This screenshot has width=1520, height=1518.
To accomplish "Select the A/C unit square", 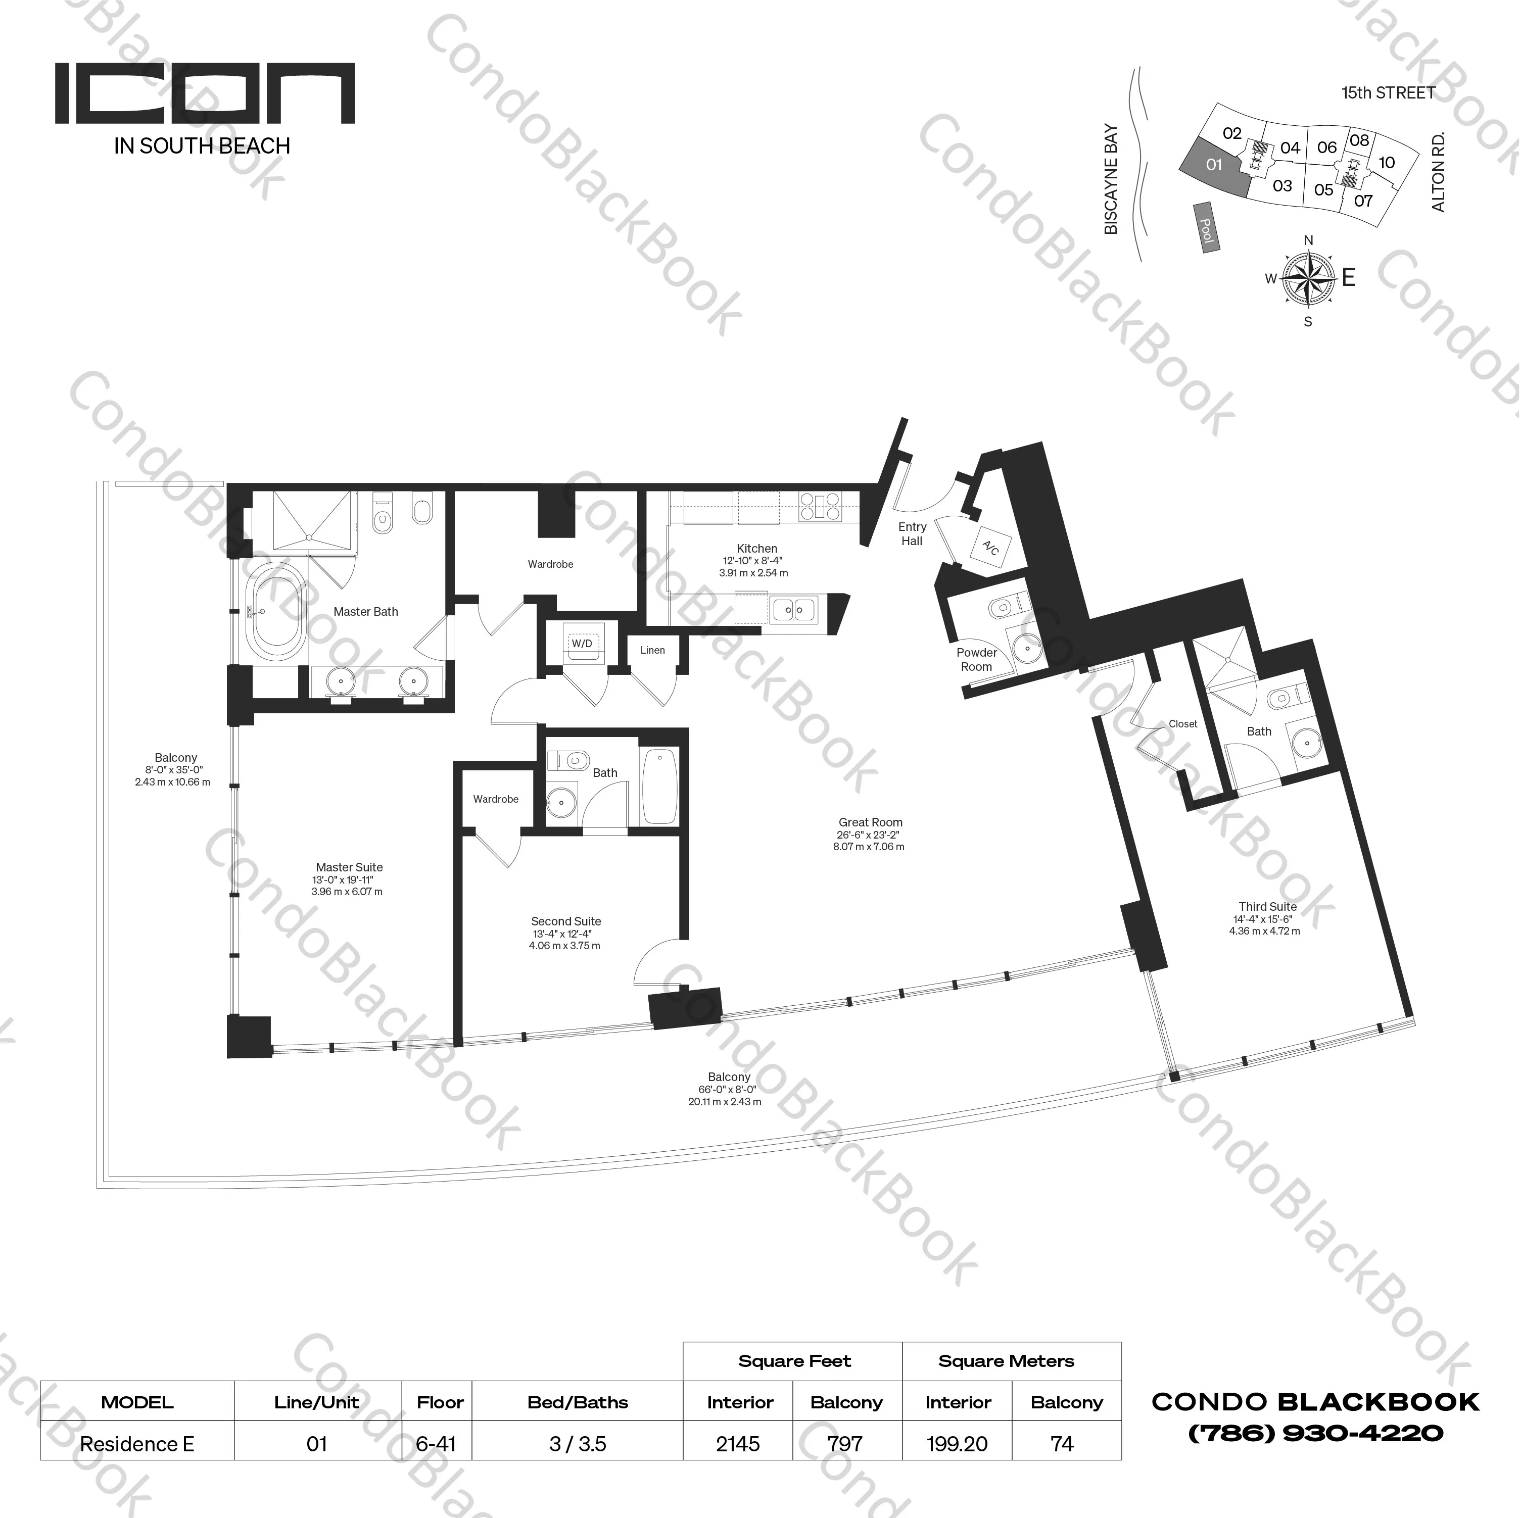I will click(x=990, y=548).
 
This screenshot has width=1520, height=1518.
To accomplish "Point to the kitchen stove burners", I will click(x=819, y=507).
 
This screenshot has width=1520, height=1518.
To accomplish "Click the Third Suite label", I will click(x=1267, y=906).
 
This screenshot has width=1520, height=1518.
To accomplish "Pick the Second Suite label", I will click(x=565, y=921).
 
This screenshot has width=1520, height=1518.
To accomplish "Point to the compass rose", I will click(x=1308, y=278).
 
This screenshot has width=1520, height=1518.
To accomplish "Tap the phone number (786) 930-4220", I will click(x=1315, y=1432).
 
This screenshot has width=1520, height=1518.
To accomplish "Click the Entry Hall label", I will click(x=912, y=533).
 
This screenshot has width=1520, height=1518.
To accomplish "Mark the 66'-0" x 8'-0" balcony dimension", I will click(x=728, y=1089).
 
